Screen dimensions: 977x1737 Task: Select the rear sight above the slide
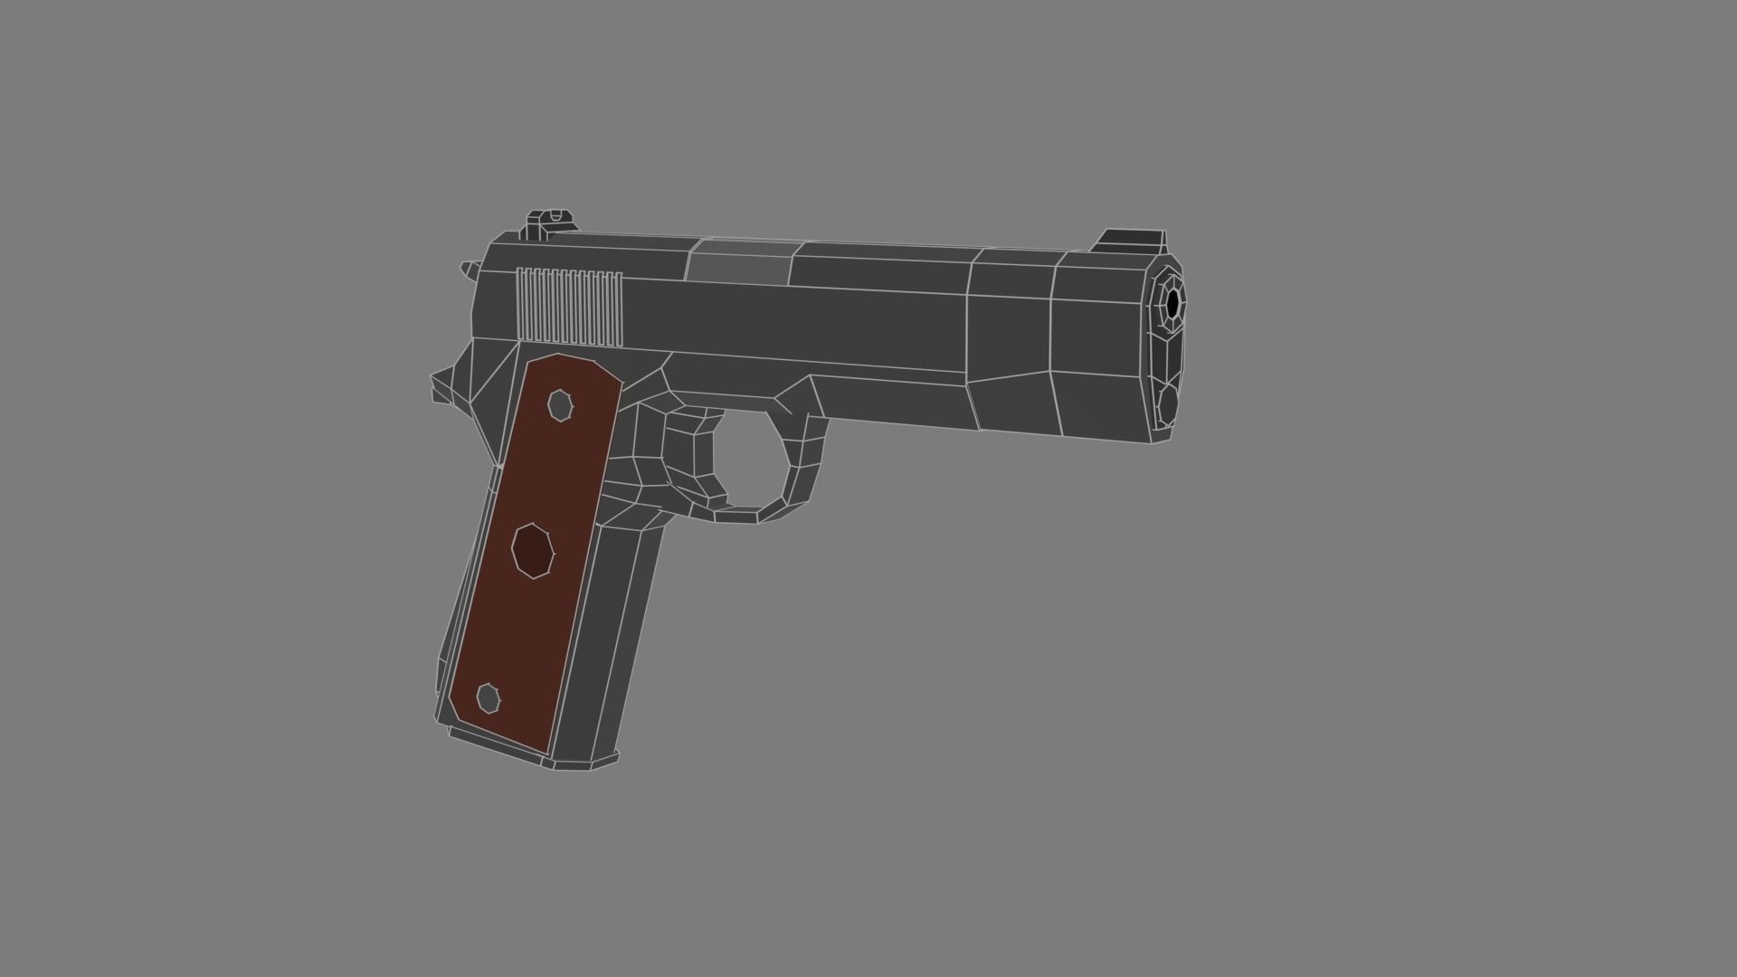[550, 221]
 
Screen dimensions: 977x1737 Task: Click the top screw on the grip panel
[561, 404]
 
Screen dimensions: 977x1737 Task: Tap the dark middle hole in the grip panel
[533, 550]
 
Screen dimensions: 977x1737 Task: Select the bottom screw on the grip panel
[489, 697]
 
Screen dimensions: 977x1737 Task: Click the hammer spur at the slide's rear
[469, 268]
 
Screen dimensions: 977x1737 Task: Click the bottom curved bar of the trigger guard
[737, 516]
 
